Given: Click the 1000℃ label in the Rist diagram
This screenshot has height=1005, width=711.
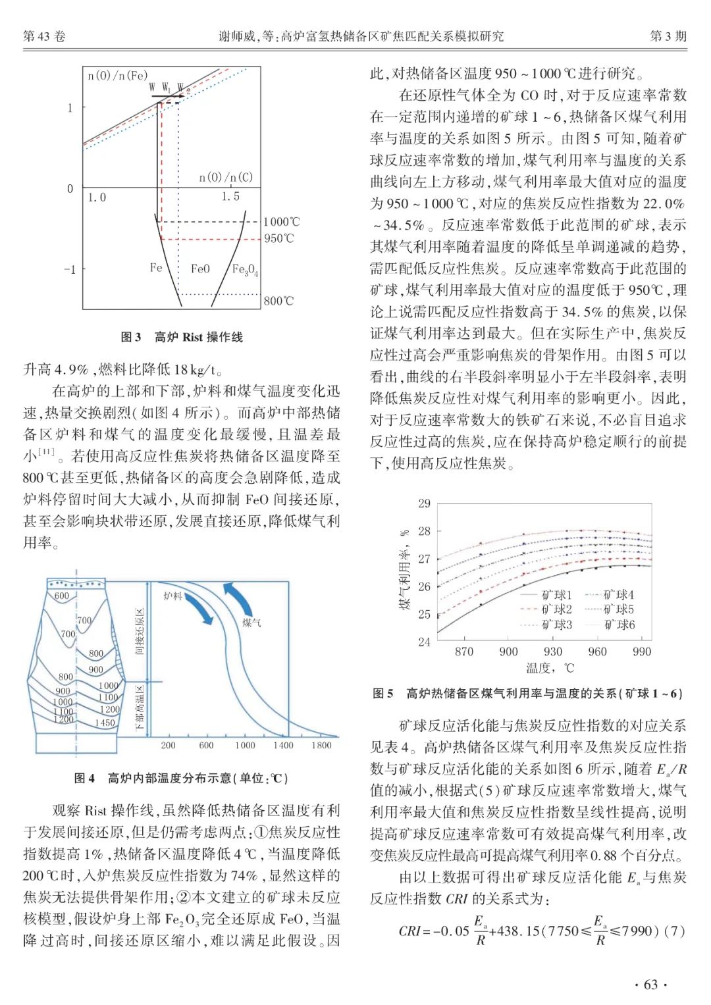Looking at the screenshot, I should point(281,222).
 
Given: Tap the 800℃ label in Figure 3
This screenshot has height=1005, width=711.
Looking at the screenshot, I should point(278,301).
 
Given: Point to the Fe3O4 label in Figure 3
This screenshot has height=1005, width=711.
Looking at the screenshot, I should point(245,269).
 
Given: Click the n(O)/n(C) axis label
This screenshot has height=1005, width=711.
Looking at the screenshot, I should point(226,177).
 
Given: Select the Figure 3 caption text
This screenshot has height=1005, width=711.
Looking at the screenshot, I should point(182,337).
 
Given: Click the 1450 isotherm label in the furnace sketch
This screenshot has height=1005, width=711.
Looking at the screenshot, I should point(105,723).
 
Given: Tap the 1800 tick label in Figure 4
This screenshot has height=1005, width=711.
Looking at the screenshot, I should point(321,745).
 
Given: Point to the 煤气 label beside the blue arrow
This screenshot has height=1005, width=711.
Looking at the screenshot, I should point(251,622).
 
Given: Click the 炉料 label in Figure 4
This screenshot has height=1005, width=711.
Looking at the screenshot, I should point(172,596).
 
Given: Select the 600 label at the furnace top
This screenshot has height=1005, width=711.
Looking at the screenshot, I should point(61,596).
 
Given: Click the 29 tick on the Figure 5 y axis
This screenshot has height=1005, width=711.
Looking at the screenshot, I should point(424,503).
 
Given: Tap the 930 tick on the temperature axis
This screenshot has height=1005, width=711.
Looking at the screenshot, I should point(553,652).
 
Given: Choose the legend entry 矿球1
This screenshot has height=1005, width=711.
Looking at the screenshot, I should point(557,595).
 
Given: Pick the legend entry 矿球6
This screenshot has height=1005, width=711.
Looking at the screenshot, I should point(619,625).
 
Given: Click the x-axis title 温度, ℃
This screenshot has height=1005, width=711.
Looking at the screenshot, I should point(550,668).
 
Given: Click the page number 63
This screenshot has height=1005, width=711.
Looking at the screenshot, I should point(650,985).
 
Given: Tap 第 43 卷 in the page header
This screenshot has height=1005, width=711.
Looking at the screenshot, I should point(45,36).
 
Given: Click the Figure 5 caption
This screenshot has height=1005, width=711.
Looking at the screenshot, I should point(527,693).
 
